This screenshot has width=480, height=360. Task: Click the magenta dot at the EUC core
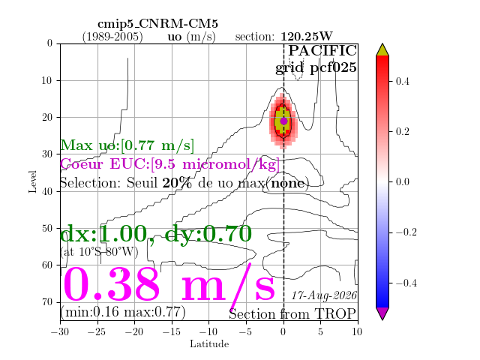[283, 121]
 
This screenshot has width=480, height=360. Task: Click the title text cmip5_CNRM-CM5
[158, 23]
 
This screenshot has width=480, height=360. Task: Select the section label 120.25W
[307, 37]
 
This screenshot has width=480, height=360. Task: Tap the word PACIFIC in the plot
[322, 50]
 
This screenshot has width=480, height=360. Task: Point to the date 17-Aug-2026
[324, 295]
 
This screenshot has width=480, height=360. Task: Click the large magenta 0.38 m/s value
[169, 285]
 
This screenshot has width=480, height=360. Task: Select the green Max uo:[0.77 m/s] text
[127, 145]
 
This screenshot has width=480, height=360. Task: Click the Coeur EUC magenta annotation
[170, 164]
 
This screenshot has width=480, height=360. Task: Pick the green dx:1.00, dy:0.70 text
[156, 234]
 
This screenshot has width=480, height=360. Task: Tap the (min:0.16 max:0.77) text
[123, 312]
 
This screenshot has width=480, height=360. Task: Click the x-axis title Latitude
[209, 344]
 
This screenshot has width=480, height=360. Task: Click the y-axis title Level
[32, 181]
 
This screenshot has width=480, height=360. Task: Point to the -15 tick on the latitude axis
[172, 331]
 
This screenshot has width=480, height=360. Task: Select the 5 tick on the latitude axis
[320, 331]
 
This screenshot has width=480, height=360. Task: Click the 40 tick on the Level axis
[47, 191]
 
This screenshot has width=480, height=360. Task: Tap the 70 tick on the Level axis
[47, 302]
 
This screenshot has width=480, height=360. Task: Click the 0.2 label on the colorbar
[402, 132]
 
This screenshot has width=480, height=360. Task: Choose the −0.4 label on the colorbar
[406, 283]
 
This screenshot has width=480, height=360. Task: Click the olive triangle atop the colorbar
[382, 50]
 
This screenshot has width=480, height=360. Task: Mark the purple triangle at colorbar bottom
[382, 313]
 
